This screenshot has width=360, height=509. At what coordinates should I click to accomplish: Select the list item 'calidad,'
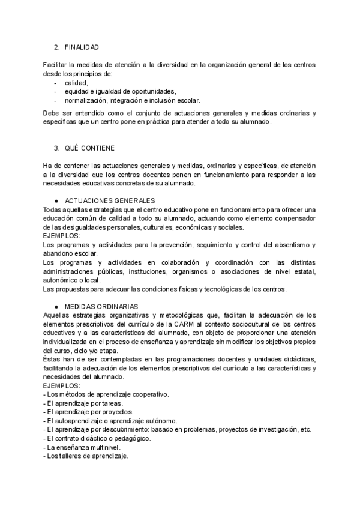[x=77, y=83]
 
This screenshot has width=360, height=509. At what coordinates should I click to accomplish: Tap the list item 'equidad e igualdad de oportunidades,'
[x=120, y=92]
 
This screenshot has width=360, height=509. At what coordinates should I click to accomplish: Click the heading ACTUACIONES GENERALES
[x=110, y=200]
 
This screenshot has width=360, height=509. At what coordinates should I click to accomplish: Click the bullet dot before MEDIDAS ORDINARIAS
[x=56, y=306]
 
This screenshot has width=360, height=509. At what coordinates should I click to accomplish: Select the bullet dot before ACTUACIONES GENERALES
[x=56, y=200]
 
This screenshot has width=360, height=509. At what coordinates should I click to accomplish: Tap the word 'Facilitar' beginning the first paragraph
[x=56, y=65]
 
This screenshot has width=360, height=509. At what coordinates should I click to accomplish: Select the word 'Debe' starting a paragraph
[x=52, y=113]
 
